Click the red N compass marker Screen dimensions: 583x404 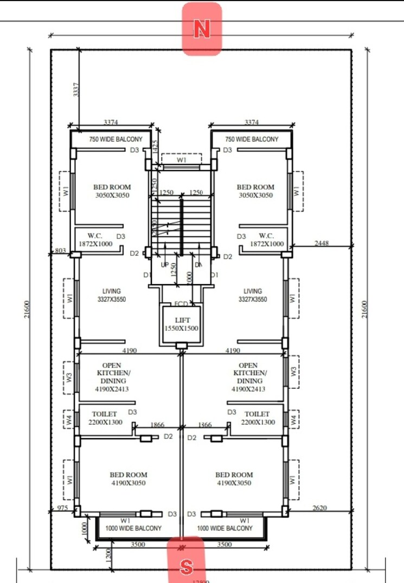(x=202, y=29)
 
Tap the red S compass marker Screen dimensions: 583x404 (x=186, y=566)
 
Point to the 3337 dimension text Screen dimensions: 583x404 (x=76, y=90)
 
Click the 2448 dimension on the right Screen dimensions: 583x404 (x=322, y=244)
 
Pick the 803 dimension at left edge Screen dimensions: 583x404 (x=60, y=251)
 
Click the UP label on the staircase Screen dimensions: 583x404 (x=165, y=265)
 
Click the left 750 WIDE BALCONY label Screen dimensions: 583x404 (x=116, y=139)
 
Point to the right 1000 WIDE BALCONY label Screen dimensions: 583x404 (x=225, y=528)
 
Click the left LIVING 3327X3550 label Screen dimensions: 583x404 (x=112, y=295)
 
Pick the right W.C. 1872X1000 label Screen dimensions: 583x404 (x=267, y=240)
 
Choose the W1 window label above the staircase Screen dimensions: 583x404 (x=181, y=161)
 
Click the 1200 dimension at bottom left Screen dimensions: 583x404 (x=108, y=553)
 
